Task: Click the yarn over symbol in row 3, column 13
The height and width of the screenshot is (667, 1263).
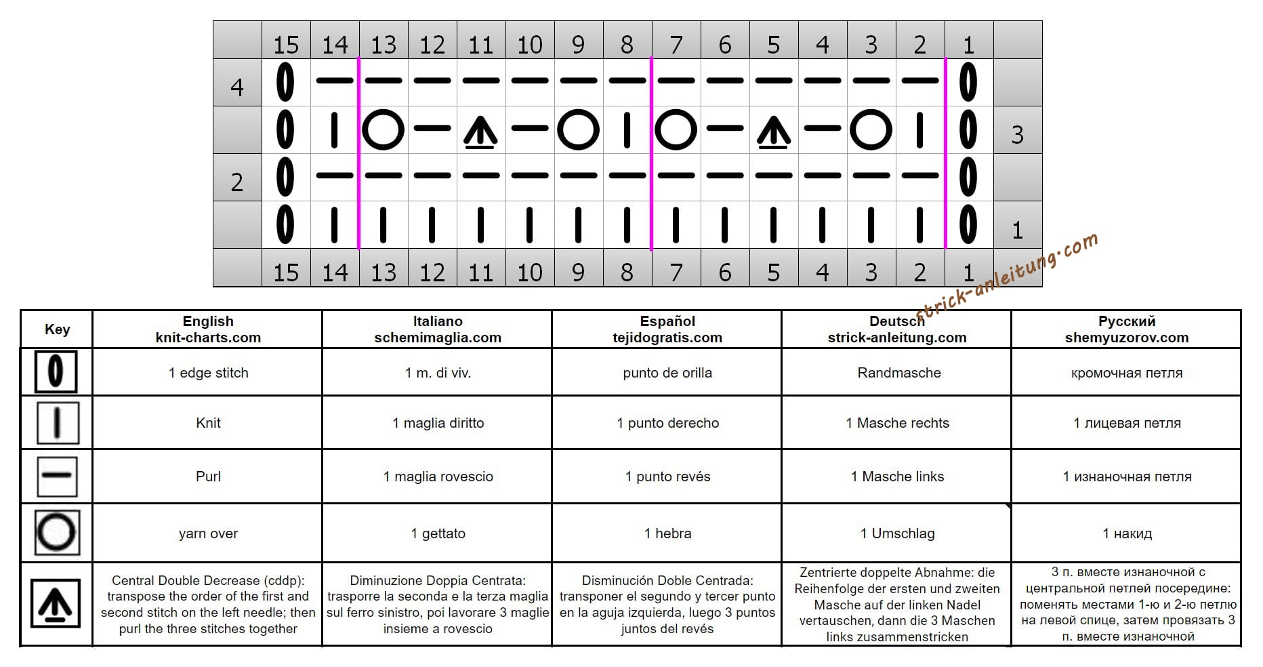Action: [x=384, y=129]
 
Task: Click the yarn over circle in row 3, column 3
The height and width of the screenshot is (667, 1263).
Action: [x=871, y=129]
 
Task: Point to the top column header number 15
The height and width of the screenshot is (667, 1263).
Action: [x=286, y=45]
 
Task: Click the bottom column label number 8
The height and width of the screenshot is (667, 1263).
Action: [x=627, y=272]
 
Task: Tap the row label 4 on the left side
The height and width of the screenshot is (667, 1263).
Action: [x=237, y=87]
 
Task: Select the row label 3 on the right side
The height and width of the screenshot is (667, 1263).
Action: [x=1017, y=135]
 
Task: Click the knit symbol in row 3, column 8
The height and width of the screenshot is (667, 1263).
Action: [x=627, y=130]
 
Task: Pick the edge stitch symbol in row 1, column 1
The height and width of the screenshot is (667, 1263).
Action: [x=968, y=224]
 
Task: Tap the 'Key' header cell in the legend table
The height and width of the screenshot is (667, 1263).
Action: [x=57, y=329]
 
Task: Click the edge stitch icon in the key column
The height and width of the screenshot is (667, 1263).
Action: [x=56, y=371]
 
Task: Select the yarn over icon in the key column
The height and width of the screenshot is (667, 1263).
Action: [x=57, y=533]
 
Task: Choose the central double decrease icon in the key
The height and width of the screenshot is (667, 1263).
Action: [x=56, y=603]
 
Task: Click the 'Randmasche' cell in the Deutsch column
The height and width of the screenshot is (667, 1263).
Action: [x=898, y=373]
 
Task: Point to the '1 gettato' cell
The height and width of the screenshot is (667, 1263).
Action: [x=438, y=533]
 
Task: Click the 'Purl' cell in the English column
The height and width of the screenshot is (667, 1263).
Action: [x=208, y=477]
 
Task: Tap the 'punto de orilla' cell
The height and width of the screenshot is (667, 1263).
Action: [x=667, y=373]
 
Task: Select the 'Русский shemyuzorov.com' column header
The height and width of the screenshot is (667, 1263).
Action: [x=1126, y=329]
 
